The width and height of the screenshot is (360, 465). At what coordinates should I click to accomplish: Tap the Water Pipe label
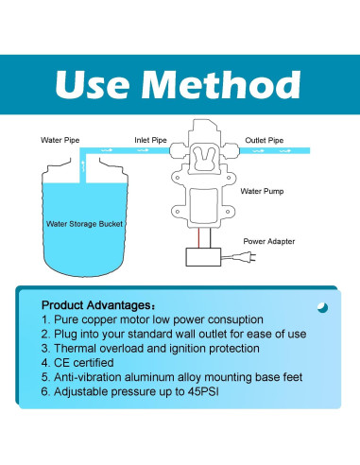[60, 140]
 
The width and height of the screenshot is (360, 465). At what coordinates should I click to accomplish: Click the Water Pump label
[262, 190]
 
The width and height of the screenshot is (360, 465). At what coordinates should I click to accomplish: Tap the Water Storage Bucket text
[86, 224]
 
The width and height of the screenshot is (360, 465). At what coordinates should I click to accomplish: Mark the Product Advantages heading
[94, 305]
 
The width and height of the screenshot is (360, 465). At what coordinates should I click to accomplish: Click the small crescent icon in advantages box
[322, 307]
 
